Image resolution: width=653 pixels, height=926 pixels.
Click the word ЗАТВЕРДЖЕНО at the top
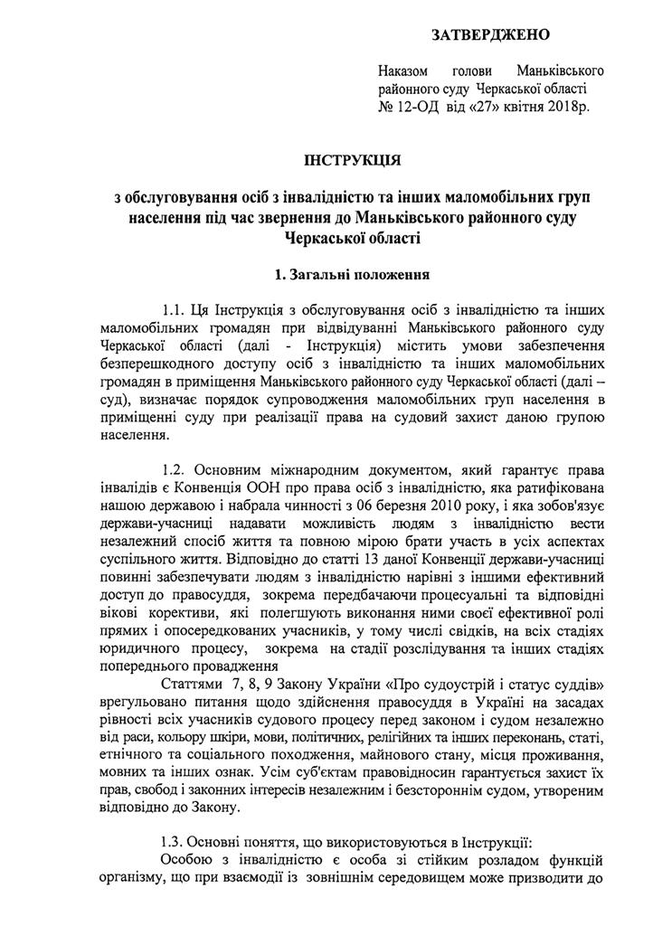pos(491,35)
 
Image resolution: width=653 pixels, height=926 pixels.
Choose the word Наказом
pos(403,71)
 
